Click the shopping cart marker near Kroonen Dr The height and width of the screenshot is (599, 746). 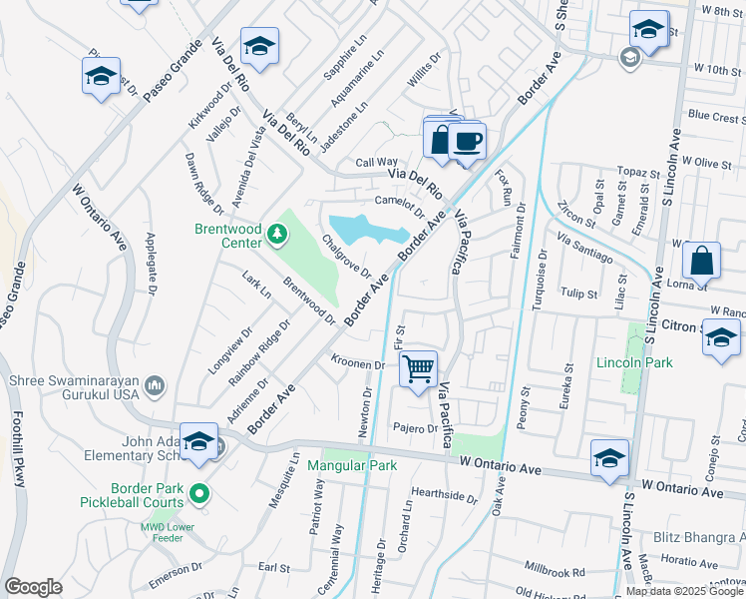pyautogui.click(x=419, y=368)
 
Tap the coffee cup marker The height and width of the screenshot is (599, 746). pyautogui.click(x=467, y=141)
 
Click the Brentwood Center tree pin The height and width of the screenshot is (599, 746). pyautogui.click(x=276, y=236)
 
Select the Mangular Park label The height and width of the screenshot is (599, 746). pyautogui.click(x=352, y=465)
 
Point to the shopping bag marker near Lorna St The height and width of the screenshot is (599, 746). pyautogui.click(x=702, y=261)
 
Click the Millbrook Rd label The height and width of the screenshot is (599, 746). pyautogui.click(x=551, y=572)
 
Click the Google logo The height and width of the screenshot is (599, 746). pyautogui.click(x=33, y=587)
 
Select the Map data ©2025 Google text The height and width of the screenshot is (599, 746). pyautogui.click(x=684, y=590)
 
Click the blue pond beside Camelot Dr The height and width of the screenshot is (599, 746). pyautogui.click(x=368, y=230)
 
